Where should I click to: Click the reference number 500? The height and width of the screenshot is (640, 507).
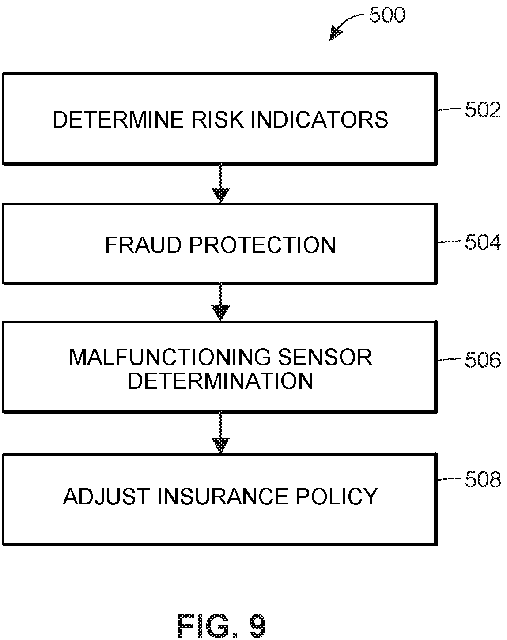[x=387, y=15]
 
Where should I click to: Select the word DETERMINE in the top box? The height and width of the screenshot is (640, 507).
[x=118, y=120]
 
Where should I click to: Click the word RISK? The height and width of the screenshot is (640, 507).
[x=217, y=120]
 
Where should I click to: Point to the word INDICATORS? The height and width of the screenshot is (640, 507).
[x=320, y=120]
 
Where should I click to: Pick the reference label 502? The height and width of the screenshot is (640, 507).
[x=483, y=110]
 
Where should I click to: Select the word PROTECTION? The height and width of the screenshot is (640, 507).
[x=262, y=245]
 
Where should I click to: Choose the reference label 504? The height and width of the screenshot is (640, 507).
[x=483, y=242]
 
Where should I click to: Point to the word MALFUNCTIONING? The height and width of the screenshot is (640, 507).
[x=170, y=357]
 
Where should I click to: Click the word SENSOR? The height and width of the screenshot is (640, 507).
[x=325, y=357]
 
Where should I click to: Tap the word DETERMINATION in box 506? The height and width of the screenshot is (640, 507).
[x=220, y=380]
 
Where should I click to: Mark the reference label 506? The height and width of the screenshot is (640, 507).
[x=483, y=360]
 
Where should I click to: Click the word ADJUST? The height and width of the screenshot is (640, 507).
[x=106, y=497]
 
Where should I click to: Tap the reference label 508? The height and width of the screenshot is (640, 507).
[x=483, y=479]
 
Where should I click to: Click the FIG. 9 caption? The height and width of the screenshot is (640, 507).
[x=221, y=625]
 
